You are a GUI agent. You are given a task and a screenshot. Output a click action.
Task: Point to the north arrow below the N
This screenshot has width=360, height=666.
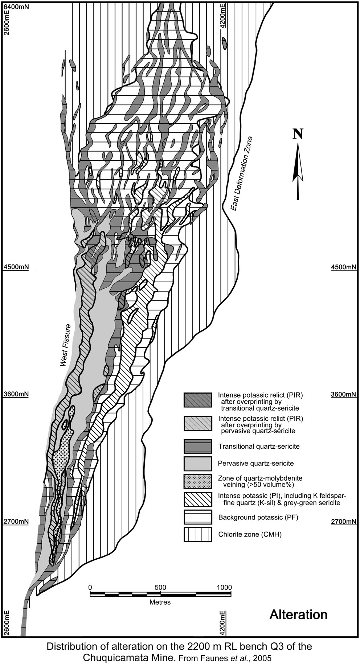[x=298, y=170]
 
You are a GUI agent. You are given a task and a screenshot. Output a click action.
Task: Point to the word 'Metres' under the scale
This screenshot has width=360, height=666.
[x=160, y=602]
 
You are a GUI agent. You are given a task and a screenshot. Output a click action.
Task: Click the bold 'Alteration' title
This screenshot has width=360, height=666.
[x=298, y=614]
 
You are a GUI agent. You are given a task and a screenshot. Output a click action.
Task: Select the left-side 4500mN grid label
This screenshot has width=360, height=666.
[x=16, y=267]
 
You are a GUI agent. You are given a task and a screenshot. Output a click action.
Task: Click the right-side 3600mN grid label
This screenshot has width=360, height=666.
[x=344, y=394]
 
